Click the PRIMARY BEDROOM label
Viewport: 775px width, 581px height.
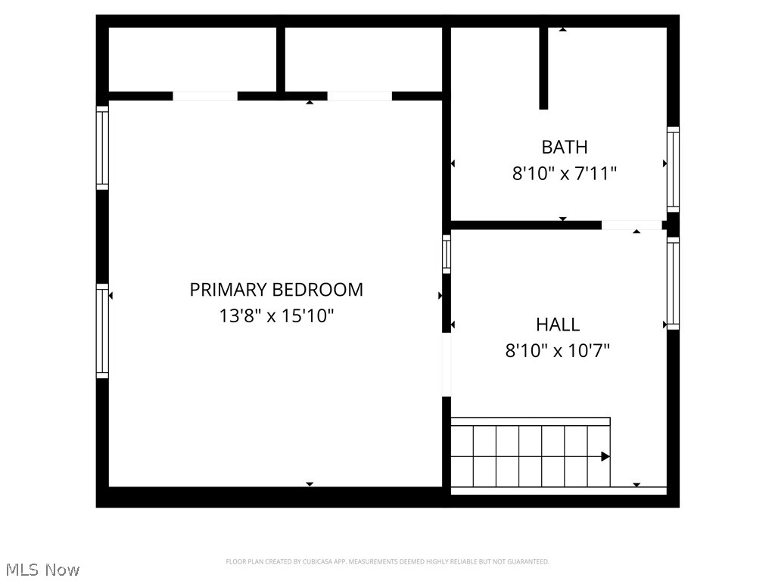point(276,290)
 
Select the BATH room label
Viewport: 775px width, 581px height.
point(565,147)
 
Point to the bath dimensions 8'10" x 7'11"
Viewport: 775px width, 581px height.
point(565,174)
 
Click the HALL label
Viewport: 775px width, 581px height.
point(558,325)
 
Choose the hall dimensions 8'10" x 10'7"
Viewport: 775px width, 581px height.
point(558,351)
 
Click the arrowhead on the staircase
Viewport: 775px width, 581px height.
point(605,456)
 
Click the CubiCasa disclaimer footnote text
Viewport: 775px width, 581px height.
point(387,561)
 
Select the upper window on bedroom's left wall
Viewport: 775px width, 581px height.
point(102,148)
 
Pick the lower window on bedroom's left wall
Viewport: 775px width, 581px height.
point(102,331)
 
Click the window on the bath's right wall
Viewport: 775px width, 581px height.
point(673,169)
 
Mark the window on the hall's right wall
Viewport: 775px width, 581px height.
point(673,283)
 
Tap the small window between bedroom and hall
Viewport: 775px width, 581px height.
point(447,254)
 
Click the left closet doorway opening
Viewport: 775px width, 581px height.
point(205,96)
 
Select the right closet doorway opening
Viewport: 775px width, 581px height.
point(359,96)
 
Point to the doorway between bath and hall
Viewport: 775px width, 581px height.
point(631,225)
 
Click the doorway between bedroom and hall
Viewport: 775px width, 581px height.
point(447,365)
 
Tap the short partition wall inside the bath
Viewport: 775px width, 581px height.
point(543,68)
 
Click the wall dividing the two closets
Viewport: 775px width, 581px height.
point(280,61)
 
